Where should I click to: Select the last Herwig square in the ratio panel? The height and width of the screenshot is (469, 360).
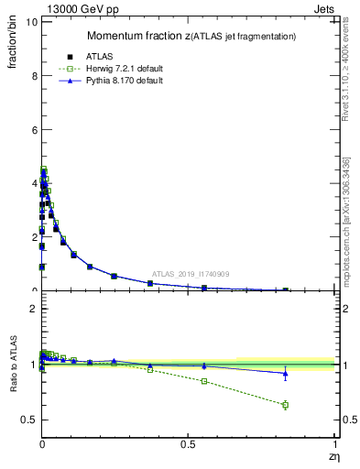[285, 405]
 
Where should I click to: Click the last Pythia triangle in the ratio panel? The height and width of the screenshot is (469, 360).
[285, 373]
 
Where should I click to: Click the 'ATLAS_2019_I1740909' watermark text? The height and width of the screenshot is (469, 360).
[191, 274]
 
